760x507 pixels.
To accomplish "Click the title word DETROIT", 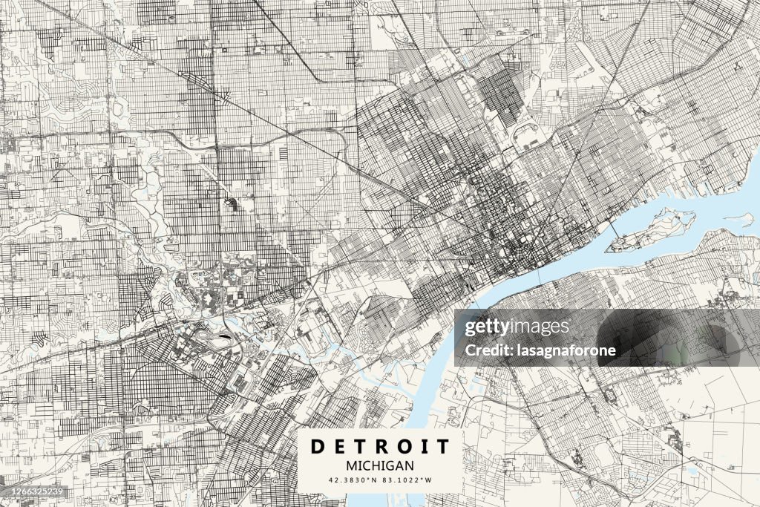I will pyautogui.click(x=380, y=446).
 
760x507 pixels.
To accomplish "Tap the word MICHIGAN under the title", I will pyautogui.click(x=380, y=465).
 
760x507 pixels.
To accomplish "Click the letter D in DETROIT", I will pyautogui.click(x=316, y=446).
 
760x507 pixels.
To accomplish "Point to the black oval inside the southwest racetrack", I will pyautogui.click(x=223, y=339).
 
